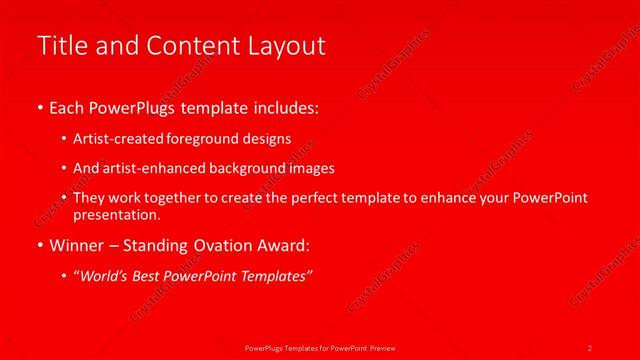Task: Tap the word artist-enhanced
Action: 150,168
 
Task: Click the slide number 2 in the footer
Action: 590,347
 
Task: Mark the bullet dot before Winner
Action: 39,244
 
